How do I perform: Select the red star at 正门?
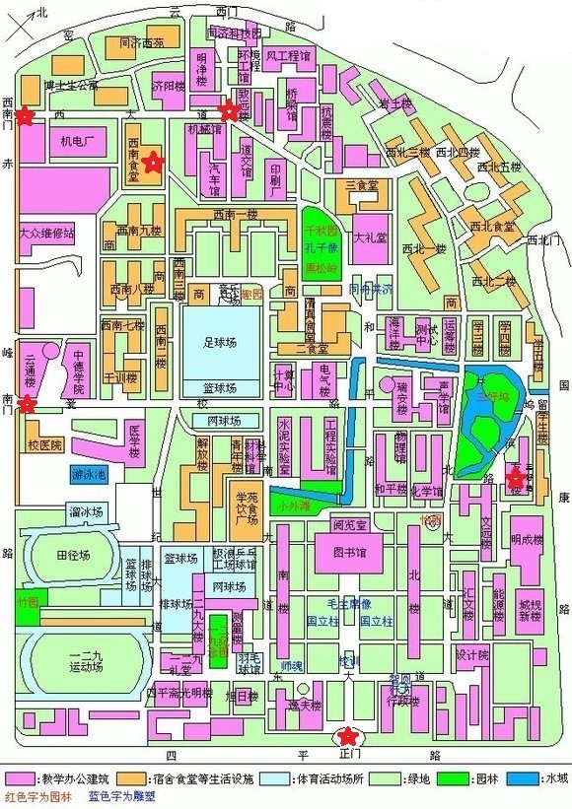[346, 735]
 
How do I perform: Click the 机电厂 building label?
[76, 141]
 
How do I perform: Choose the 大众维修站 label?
[46, 234]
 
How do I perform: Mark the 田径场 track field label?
[67, 556]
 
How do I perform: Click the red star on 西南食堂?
[152, 163]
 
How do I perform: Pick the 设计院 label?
[472, 654]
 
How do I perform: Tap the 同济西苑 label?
[141, 44]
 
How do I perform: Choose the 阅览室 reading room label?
[350, 524]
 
